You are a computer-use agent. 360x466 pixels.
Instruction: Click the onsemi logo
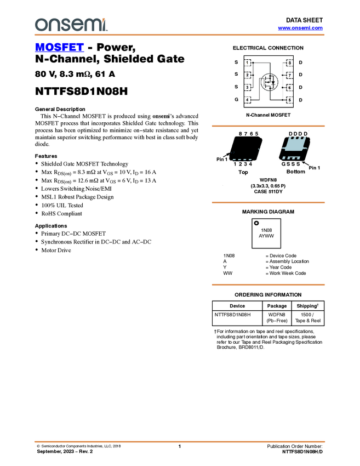[71, 25]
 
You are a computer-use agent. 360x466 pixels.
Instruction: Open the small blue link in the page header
[300, 28]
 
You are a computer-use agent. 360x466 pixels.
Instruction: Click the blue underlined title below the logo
[59, 48]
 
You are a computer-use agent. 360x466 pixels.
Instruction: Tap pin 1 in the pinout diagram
[248, 63]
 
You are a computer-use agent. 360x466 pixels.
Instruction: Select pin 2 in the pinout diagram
[248, 75]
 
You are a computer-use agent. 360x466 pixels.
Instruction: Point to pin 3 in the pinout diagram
[248, 88]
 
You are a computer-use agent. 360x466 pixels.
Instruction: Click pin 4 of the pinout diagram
[248, 100]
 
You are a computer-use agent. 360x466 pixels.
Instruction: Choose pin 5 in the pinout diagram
[289, 100]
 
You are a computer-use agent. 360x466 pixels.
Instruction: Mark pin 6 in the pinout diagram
[289, 88]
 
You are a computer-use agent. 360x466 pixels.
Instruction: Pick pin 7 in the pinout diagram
[289, 75]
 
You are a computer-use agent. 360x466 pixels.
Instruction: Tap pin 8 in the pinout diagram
[289, 63]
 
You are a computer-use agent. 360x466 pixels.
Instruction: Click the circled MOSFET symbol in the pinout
[268, 82]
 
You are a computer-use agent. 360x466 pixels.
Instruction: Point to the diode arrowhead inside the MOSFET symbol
[273, 85]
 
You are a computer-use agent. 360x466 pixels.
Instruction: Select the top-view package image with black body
[245, 148]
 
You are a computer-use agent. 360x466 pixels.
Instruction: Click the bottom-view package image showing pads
[293, 148]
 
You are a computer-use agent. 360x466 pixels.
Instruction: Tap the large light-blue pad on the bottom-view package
[294, 145]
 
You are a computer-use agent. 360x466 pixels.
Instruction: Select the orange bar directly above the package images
[268, 126]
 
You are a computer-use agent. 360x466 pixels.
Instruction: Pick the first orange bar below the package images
[268, 203]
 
